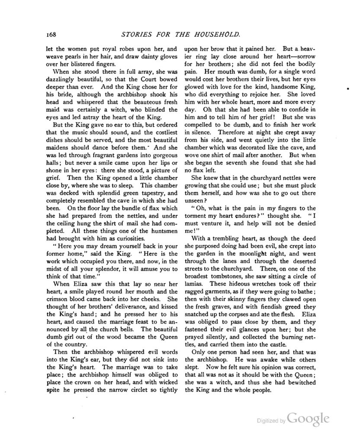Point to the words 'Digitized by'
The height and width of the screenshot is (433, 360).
click(x=270, y=420)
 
